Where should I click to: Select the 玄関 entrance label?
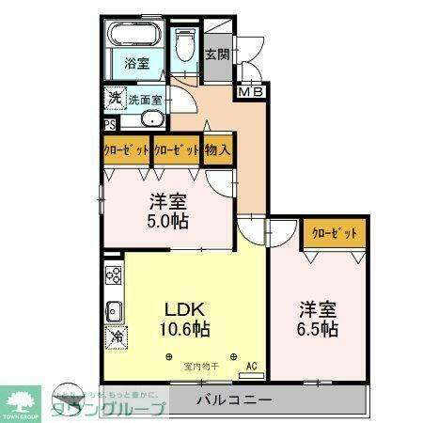(216, 55)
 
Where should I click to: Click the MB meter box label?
(250, 92)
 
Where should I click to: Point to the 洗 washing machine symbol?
(113, 98)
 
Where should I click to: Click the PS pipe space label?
(110, 122)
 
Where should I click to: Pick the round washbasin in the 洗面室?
(149, 120)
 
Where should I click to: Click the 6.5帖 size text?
(319, 330)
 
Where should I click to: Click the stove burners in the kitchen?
(114, 275)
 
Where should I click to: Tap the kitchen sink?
(113, 309)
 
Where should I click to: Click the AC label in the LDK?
(251, 366)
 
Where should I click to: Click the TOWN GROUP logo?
(23, 399)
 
